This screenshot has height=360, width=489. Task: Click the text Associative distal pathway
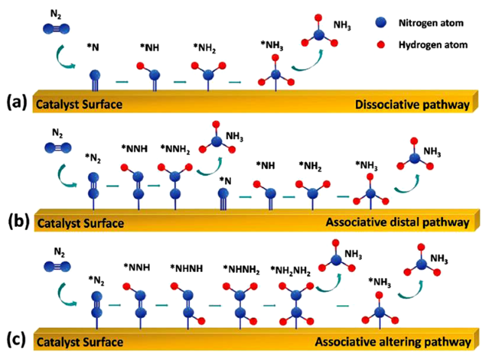(396, 222)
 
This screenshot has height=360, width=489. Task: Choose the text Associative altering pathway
(392, 342)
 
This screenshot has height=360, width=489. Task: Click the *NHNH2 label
(241, 268)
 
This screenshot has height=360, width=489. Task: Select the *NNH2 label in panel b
(175, 148)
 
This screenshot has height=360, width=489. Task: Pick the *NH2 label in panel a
(204, 49)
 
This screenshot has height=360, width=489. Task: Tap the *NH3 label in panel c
(380, 282)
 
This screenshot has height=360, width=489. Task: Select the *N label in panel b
(225, 180)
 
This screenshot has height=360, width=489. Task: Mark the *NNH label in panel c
(136, 268)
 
